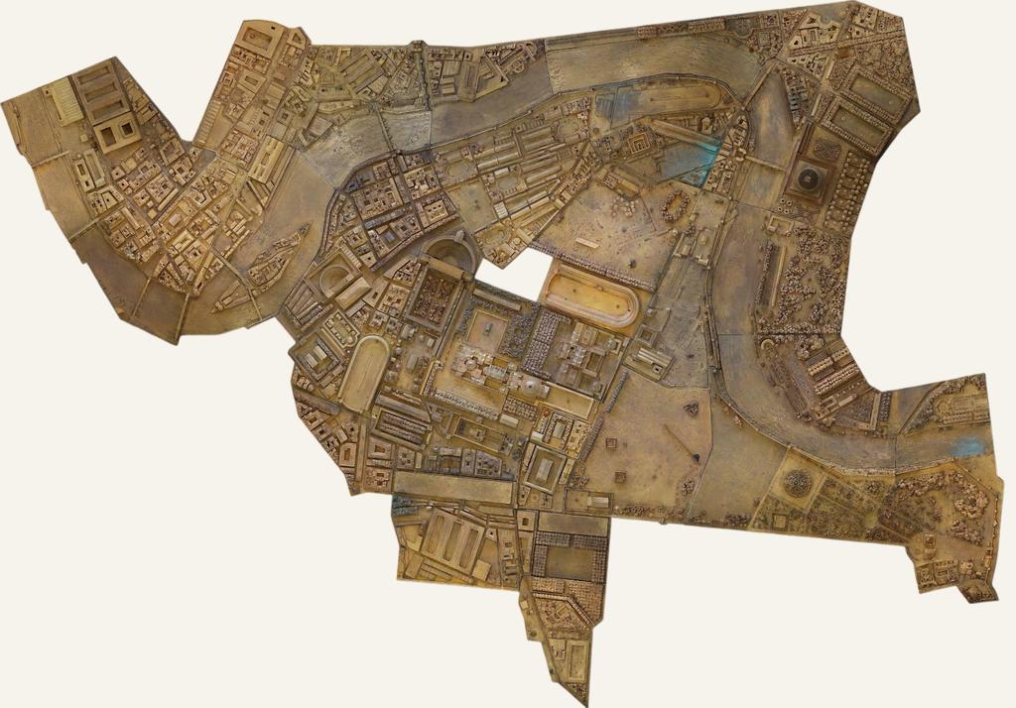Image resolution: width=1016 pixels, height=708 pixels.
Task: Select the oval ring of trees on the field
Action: tap(676, 206)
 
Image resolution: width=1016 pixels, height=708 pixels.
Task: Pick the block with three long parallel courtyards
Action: tap(452, 541)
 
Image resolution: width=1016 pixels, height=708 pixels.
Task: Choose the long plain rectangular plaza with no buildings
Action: tap(454, 487)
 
